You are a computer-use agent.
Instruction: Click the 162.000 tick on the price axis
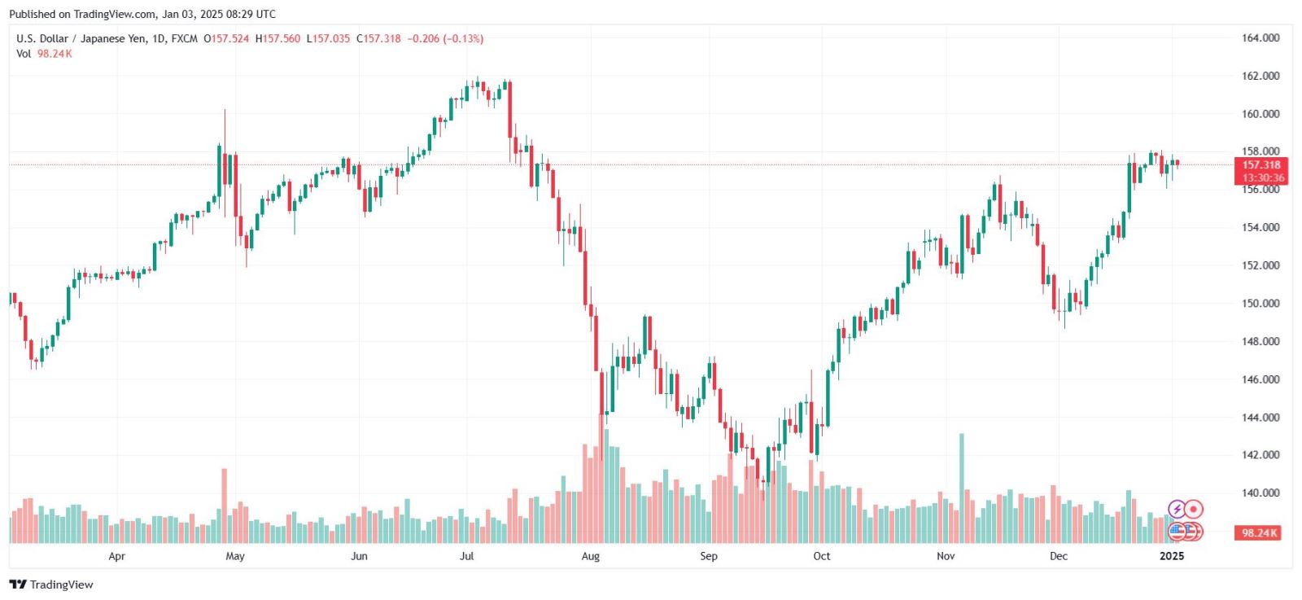pos(1260,76)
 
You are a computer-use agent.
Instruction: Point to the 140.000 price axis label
pos(1260,493)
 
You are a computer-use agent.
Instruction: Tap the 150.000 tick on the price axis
pos(1260,303)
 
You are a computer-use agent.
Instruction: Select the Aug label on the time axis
pos(590,556)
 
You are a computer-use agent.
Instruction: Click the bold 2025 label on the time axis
pos(1171,556)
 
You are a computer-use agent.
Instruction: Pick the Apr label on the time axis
pos(116,556)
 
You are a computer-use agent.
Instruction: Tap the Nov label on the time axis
pos(945,556)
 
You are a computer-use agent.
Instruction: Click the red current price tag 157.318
pos(1260,165)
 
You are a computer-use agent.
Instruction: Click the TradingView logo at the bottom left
pos(51,585)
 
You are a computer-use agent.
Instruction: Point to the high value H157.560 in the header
pos(277,38)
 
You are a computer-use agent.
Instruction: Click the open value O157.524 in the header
pos(226,38)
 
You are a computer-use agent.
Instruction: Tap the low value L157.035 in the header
pos(328,38)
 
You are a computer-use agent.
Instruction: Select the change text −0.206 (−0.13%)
pos(445,38)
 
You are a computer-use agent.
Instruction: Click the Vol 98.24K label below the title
pos(44,54)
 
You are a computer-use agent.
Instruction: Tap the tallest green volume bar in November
pos(962,488)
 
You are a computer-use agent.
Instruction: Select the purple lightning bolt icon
pos(1176,510)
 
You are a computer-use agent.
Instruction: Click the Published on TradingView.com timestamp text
pos(142,14)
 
